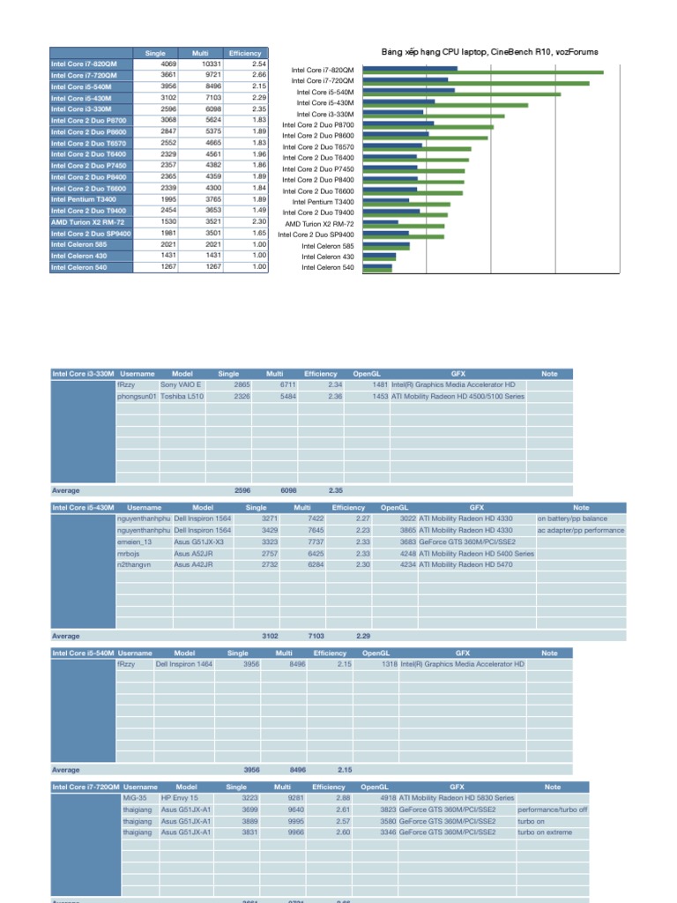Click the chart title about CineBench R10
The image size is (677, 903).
[x=489, y=52]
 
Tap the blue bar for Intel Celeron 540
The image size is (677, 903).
[x=377, y=265]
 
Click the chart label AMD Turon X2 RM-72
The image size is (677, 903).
[x=320, y=224]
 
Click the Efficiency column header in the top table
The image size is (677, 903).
[x=245, y=53]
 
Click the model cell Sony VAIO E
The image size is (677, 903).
[x=181, y=385]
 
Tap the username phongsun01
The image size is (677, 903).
[x=137, y=397]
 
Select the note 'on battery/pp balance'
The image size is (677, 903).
[x=573, y=519]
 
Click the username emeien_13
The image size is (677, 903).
[x=135, y=541]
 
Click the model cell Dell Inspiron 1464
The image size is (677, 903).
[x=184, y=664]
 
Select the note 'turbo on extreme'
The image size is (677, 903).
[x=545, y=832]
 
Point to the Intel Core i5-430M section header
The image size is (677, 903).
[x=83, y=508]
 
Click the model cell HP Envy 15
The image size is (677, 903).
[x=180, y=798]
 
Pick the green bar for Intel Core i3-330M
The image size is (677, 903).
[x=433, y=116]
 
